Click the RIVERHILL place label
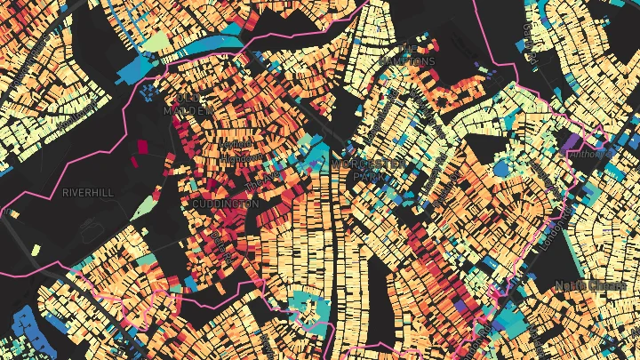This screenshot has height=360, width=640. click(x=89, y=191)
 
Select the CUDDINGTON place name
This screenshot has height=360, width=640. click(x=226, y=204)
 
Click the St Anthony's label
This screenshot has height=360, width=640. click(x=593, y=153)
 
